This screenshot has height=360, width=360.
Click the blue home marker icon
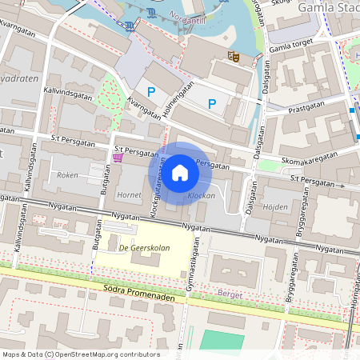coord(180,173)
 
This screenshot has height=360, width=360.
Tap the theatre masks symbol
coord(234,56)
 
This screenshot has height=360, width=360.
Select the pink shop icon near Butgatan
coord(118,158)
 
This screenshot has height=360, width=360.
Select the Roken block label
coord(67,174)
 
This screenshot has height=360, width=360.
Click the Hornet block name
coord(129,194)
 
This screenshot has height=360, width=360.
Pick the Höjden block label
coord(276,206)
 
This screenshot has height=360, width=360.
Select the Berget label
coord(230,294)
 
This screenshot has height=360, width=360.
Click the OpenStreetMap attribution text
coord(80,354)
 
